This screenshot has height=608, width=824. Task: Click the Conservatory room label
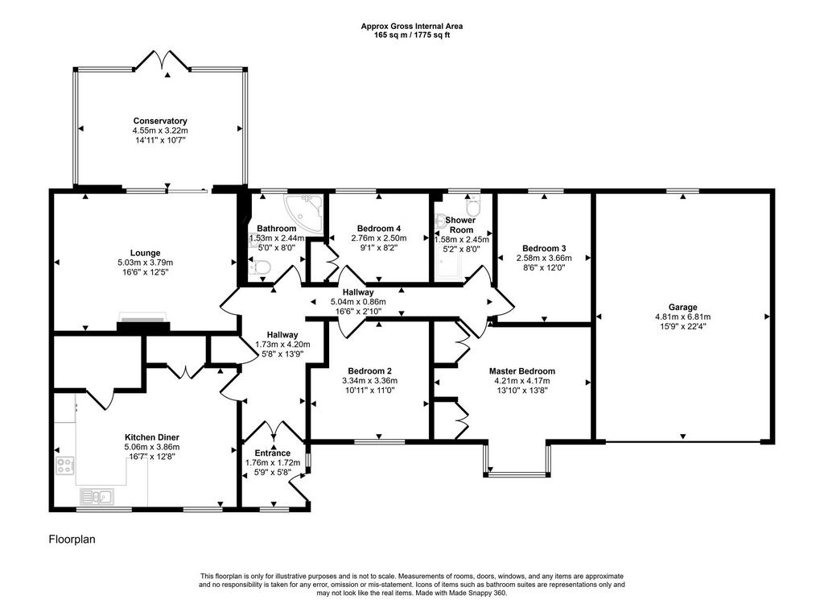(160, 121)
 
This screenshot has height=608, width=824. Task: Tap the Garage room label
(682, 307)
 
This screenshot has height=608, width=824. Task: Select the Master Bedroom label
(521, 371)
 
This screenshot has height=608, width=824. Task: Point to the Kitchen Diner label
(152, 437)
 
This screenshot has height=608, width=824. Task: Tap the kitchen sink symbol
(97, 496)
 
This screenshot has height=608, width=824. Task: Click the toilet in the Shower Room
(473, 206)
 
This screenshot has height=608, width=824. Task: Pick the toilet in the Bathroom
(261, 267)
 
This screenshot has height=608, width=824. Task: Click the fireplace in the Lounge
(143, 322)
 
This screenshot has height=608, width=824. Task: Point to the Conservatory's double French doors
(162, 60)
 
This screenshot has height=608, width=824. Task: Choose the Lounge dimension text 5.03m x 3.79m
(146, 263)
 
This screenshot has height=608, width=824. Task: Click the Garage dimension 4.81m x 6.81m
(682, 317)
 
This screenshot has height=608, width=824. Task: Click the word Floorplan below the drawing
(72, 539)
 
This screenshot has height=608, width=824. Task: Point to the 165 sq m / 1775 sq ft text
(411, 35)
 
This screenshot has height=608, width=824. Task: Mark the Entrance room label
(272, 453)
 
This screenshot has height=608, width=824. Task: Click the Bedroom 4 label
(379, 228)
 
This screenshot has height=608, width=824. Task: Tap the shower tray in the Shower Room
(448, 271)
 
